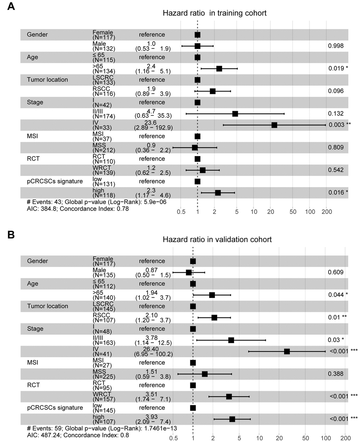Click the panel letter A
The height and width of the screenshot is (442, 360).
pyautogui.click(x=11, y=7)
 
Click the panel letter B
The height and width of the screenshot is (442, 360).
pyautogui.click(x=11, y=234)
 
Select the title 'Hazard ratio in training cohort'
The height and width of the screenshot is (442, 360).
pyautogui.click(x=215, y=13)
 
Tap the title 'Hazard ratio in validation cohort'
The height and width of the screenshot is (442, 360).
pyautogui.click(x=217, y=240)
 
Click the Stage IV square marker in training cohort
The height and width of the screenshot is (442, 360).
pyautogui.click(x=274, y=125)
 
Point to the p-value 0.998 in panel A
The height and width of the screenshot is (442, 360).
pyautogui.click(x=336, y=46)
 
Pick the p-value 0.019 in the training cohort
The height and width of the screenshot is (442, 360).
pyautogui.click(x=336, y=68)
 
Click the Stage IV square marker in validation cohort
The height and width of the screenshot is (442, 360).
pyautogui.click(x=287, y=351)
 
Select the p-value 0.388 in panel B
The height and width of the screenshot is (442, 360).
pyautogui.click(x=336, y=374)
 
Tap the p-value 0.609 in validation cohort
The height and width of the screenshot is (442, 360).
pyautogui.click(x=336, y=272)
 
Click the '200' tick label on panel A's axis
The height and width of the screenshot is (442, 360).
pyautogui.click(x=327, y=212)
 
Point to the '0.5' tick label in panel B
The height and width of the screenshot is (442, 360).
pyautogui.click(x=173, y=438)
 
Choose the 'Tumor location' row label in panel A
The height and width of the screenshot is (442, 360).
pyautogui.click(x=47, y=80)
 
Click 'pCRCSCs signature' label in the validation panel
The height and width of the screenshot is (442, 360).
pyautogui.click(x=55, y=408)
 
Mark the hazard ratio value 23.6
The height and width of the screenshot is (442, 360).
pyautogui.click(x=150, y=123)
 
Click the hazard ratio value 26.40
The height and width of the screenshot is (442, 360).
pyautogui.click(x=152, y=349)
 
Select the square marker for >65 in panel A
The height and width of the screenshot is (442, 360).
pyautogui.click(x=219, y=68)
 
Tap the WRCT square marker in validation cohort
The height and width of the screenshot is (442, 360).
pyautogui.click(x=229, y=396)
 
